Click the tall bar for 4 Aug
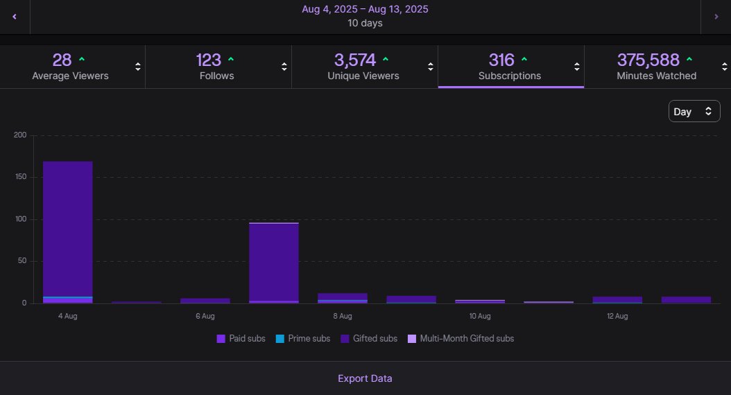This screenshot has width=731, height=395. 68,229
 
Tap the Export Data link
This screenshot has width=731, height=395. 365,378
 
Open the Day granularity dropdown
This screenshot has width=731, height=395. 694,111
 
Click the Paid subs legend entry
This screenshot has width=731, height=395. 241,339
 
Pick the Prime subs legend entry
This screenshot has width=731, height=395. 306,339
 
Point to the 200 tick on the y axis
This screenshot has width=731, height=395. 19,135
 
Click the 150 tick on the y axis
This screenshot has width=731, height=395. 19,177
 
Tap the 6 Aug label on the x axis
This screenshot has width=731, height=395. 205,317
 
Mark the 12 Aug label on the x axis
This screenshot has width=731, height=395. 617,317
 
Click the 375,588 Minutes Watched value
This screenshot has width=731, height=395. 648,60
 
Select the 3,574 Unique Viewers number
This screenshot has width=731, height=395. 354,60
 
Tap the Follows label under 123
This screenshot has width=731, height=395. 216,76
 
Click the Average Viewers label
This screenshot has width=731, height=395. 70,76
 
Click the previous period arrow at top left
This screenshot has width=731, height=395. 15,17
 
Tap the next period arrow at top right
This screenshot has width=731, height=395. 716,17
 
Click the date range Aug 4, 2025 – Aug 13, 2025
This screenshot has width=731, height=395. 365,9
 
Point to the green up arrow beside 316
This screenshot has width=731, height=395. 524,59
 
